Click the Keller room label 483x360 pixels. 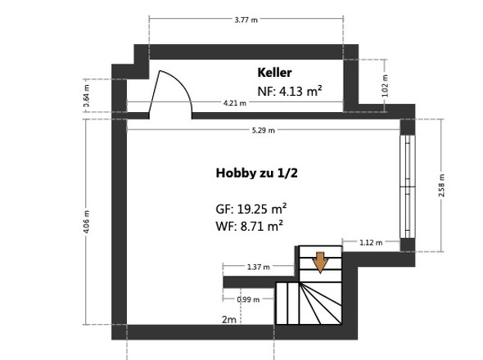(x=274, y=73)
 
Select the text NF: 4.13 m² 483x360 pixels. (x=290, y=91)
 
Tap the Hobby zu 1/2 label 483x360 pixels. (x=256, y=173)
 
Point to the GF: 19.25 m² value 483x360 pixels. (x=251, y=209)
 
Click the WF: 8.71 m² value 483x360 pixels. (x=249, y=227)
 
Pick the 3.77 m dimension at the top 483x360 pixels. (x=246, y=20)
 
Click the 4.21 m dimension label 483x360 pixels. (x=235, y=103)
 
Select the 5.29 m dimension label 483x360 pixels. (x=263, y=130)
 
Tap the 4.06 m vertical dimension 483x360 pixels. (x=87, y=222)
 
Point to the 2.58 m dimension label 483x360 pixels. (x=441, y=186)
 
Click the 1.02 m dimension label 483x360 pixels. (x=385, y=86)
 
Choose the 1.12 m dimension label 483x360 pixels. (x=371, y=243)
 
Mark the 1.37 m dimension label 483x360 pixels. (x=258, y=267)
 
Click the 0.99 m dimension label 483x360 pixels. (x=248, y=299)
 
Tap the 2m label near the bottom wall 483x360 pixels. (x=229, y=320)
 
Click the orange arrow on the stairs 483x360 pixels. (x=320, y=263)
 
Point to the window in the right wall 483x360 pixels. (x=408, y=187)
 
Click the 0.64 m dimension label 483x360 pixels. (x=87, y=96)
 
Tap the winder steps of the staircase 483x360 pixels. (x=320, y=304)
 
